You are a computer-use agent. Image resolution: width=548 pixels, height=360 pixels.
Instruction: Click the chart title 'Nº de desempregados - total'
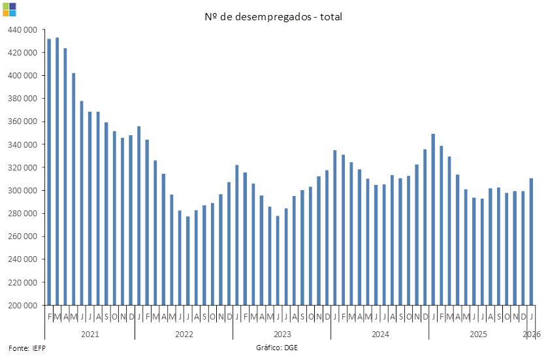point(274,16)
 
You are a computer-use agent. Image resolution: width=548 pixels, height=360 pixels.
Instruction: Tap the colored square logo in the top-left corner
point(9,9)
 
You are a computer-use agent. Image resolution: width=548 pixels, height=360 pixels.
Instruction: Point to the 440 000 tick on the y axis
point(22,29)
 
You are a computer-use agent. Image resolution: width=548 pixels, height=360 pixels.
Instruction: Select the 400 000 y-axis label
point(22,76)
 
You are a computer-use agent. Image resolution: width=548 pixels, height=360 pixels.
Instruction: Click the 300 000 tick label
point(22,191)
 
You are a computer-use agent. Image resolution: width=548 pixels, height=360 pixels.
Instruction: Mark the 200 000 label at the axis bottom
point(22,305)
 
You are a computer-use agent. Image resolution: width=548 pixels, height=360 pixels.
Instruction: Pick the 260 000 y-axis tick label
point(22,237)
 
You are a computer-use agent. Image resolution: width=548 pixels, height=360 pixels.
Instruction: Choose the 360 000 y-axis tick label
point(22,122)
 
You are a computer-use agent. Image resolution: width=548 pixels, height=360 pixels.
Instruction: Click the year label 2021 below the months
point(89,334)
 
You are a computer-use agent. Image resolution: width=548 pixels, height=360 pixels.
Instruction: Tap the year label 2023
point(282,334)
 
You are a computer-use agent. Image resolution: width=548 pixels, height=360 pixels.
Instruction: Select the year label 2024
point(380,334)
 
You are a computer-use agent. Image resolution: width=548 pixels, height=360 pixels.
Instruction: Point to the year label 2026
point(532,334)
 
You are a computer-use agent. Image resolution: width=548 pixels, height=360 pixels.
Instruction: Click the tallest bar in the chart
point(57,171)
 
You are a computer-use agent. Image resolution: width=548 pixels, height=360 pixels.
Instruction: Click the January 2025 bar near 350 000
point(433,219)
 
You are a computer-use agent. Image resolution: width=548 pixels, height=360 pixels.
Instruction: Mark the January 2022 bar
point(138,216)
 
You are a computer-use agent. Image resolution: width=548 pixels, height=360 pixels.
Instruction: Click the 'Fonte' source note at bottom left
point(27,348)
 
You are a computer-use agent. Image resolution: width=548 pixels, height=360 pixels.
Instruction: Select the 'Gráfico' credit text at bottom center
point(277,348)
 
